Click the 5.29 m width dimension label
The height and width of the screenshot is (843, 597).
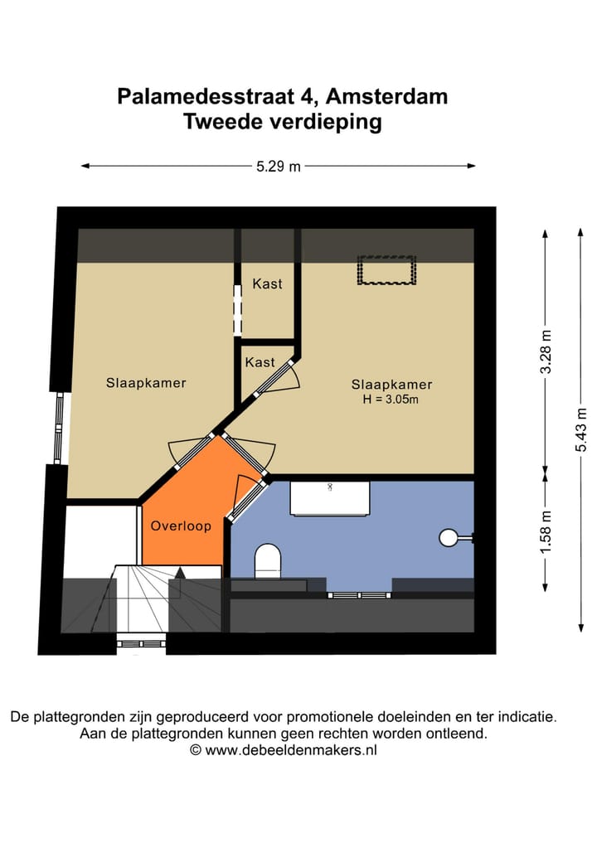click(278, 166)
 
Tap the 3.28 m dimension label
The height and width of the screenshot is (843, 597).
click(546, 352)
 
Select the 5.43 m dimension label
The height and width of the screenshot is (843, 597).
click(581, 431)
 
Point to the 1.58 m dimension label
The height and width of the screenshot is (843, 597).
click(546, 533)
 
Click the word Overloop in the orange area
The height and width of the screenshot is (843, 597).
click(181, 526)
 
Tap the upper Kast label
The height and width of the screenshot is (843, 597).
click(267, 283)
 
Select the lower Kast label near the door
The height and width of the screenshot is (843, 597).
click(260, 362)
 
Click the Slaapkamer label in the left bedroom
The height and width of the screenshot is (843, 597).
click(146, 382)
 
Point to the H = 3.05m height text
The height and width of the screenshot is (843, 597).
click(391, 400)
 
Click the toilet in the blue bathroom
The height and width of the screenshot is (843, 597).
click(268, 560)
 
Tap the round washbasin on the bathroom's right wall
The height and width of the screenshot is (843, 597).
click(449, 538)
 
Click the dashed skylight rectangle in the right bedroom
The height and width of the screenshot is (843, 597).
click(386, 271)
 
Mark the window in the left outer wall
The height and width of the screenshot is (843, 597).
click(59, 428)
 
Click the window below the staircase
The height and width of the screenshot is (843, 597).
click(141, 642)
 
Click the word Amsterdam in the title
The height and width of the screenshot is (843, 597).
click(386, 96)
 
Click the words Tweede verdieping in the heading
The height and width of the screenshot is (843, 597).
click(282, 122)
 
